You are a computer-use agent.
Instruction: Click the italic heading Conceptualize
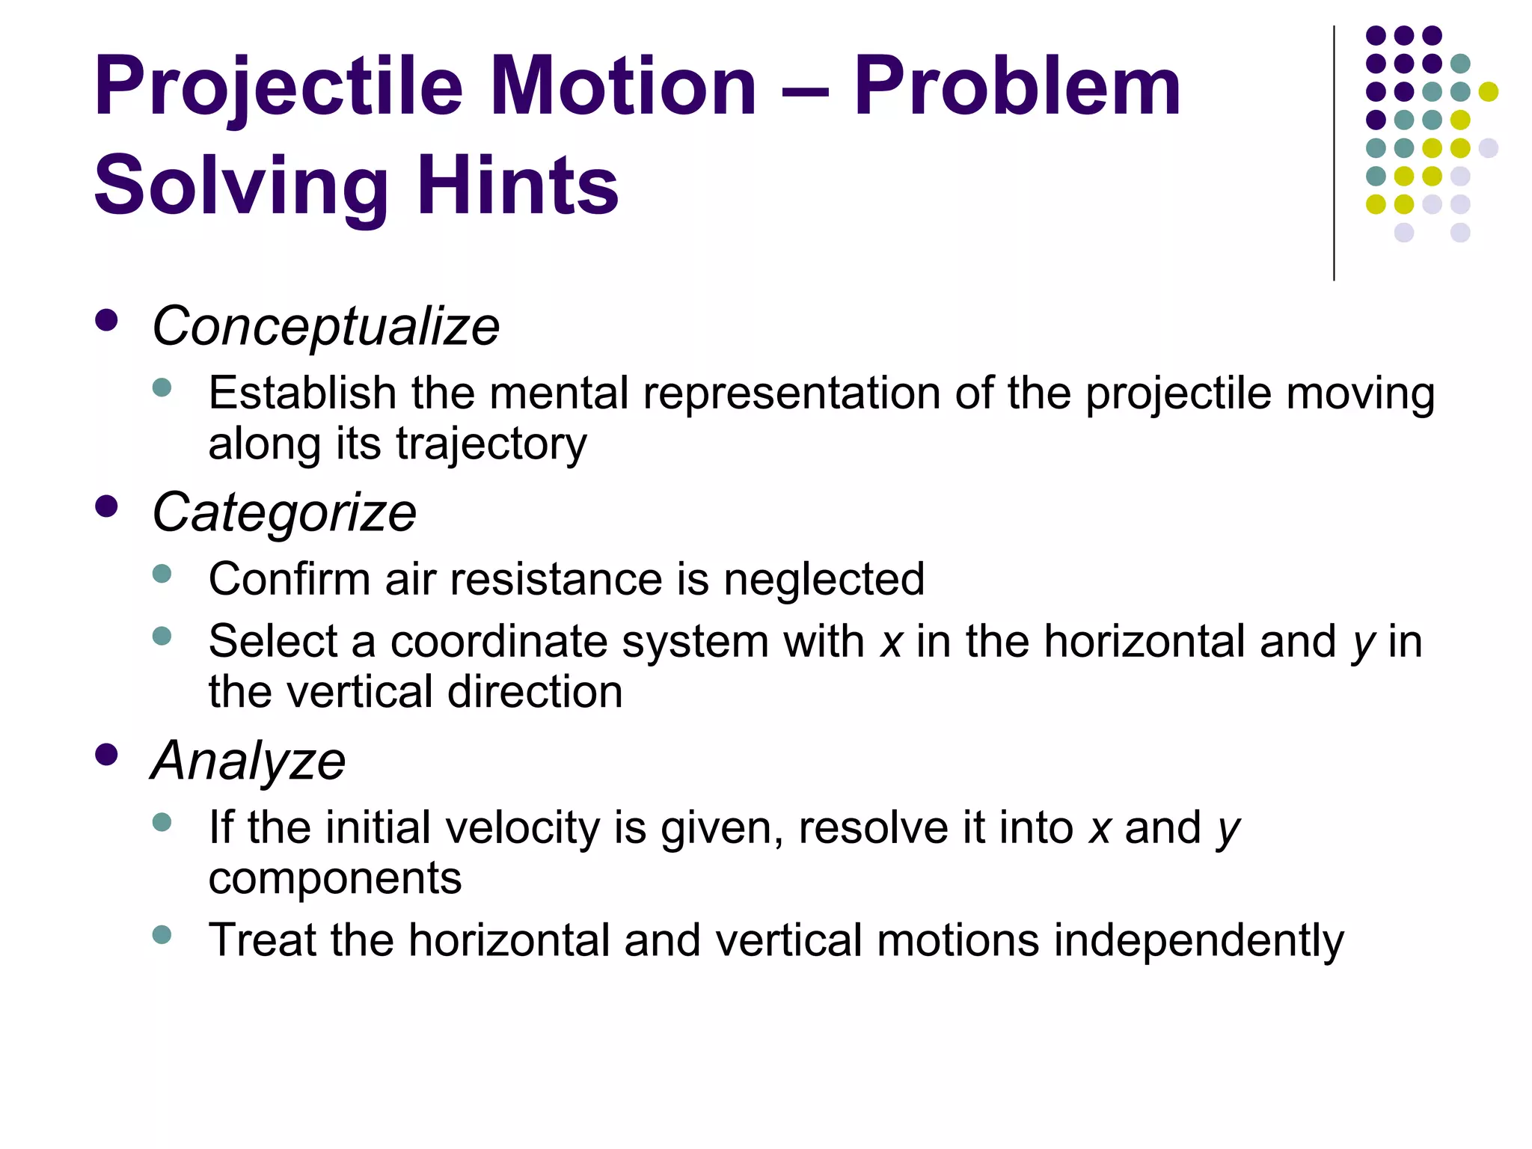(325, 327)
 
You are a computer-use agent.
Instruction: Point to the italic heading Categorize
(284, 513)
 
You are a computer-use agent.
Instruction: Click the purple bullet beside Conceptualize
(107, 321)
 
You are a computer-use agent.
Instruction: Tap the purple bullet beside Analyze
(107, 755)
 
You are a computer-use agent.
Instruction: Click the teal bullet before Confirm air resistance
(162, 574)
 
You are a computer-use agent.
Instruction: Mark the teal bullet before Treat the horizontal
(162, 934)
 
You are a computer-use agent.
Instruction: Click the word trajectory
(491, 444)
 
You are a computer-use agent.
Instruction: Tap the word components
(335, 879)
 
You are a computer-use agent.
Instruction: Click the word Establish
(302, 393)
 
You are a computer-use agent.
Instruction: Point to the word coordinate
(499, 642)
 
